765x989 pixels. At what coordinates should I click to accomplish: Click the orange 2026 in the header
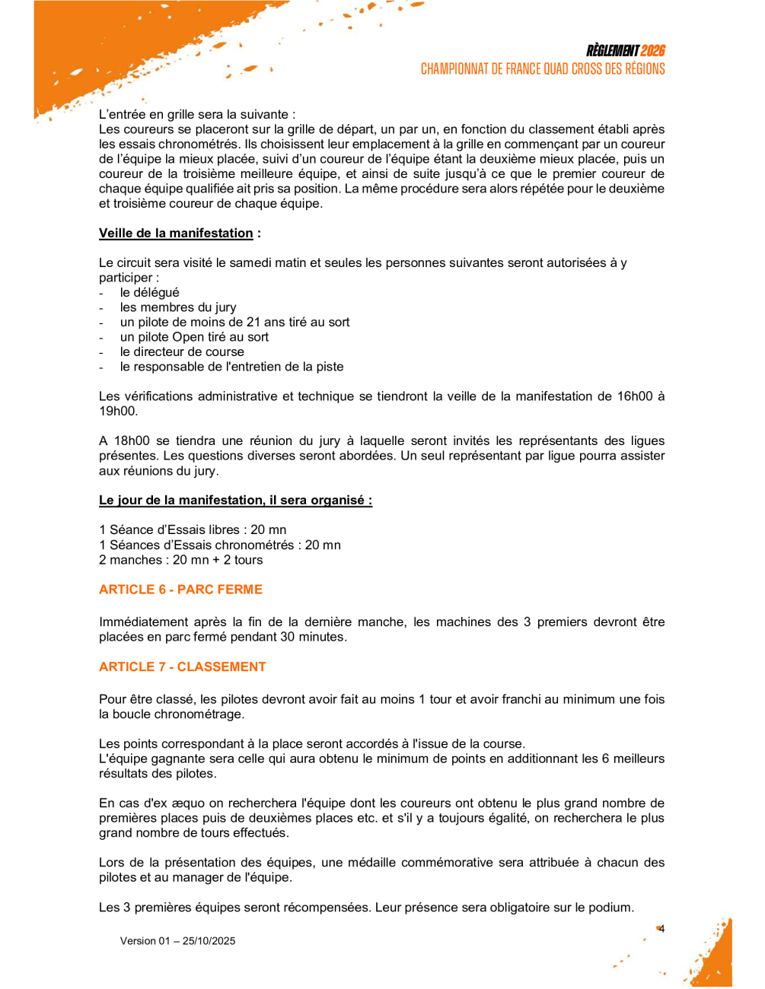(x=652, y=51)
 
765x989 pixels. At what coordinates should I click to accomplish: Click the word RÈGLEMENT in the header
(x=612, y=51)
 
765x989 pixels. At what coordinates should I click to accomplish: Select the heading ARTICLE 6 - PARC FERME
(x=180, y=590)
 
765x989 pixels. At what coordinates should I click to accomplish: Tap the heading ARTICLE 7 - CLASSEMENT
(x=183, y=666)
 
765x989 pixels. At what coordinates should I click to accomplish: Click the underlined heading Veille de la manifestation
(x=176, y=234)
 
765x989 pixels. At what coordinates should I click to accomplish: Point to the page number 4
(x=661, y=928)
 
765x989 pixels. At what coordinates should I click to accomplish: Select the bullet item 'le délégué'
(x=150, y=293)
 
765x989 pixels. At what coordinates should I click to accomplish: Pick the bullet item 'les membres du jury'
(x=178, y=307)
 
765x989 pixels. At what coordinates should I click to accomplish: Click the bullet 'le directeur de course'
(x=182, y=351)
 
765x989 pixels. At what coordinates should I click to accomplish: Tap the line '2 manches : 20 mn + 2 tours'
(x=180, y=560)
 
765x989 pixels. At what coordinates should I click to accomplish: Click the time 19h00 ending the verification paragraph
(x=118, y=412)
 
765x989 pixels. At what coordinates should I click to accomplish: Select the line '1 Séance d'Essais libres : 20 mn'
(x=193, y=530)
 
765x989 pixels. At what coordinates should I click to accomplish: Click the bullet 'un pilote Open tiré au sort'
(x=194, y=337)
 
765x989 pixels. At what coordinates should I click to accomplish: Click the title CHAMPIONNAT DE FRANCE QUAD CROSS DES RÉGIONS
(x=543, y=69)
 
